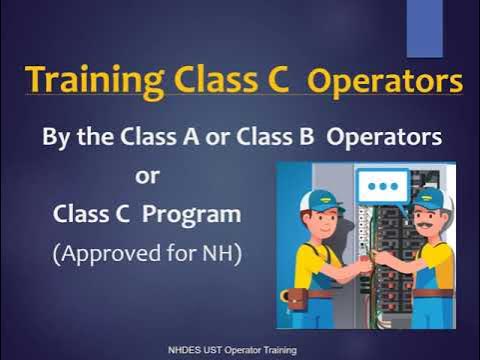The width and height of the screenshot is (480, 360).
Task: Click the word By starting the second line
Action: [x=56, y=135]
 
